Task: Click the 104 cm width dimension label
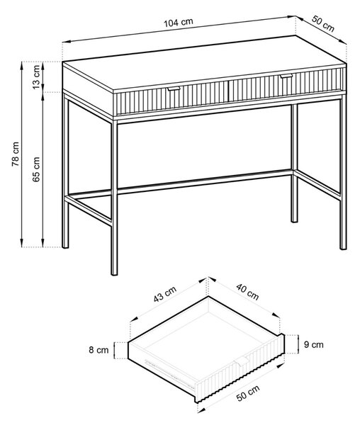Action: tap(179, 23)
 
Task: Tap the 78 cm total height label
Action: tap(16, 154)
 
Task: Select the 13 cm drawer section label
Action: tap(36, 77)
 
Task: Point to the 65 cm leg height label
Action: tap(36, 169)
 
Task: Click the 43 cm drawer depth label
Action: tap(165, 294)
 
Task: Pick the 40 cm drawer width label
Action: tap(247, 292)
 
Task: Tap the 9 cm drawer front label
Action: tap(314, 344)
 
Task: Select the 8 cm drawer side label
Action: tap(99, 350)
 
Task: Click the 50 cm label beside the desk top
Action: tap(323, 23)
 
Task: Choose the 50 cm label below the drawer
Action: tap(248, 393)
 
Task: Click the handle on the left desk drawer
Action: tap(174, 89)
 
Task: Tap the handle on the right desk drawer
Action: tap(286, 76)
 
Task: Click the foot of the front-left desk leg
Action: tap(114, 273)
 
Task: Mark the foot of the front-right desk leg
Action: tap(343, 247)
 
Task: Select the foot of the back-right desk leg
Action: tap(294, 221)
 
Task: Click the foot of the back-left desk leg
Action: tap(65, 246)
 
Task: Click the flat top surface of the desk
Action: tap(204, 64)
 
